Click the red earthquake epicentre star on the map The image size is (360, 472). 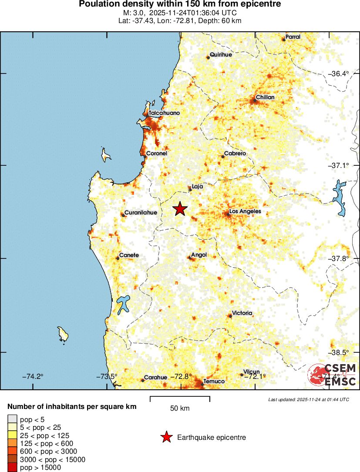[180, 209]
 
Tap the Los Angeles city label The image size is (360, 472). [245, 211]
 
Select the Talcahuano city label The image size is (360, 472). [164, 113]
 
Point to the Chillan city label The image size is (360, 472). [265, 97]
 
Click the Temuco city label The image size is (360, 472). [214, 382]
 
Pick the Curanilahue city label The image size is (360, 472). [141, 213]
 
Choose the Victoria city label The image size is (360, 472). [242, 313]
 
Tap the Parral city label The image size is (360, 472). [293, 37]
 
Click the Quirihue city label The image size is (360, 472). [221, 55]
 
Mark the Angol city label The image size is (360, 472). [199, 255]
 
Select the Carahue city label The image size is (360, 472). [155, 378]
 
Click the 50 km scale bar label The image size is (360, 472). [180, 408]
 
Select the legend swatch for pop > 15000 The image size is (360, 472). [12, 468]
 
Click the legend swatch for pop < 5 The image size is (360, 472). [12, 420]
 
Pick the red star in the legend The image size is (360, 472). [166, 438]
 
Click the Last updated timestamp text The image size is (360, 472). [309, 399]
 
